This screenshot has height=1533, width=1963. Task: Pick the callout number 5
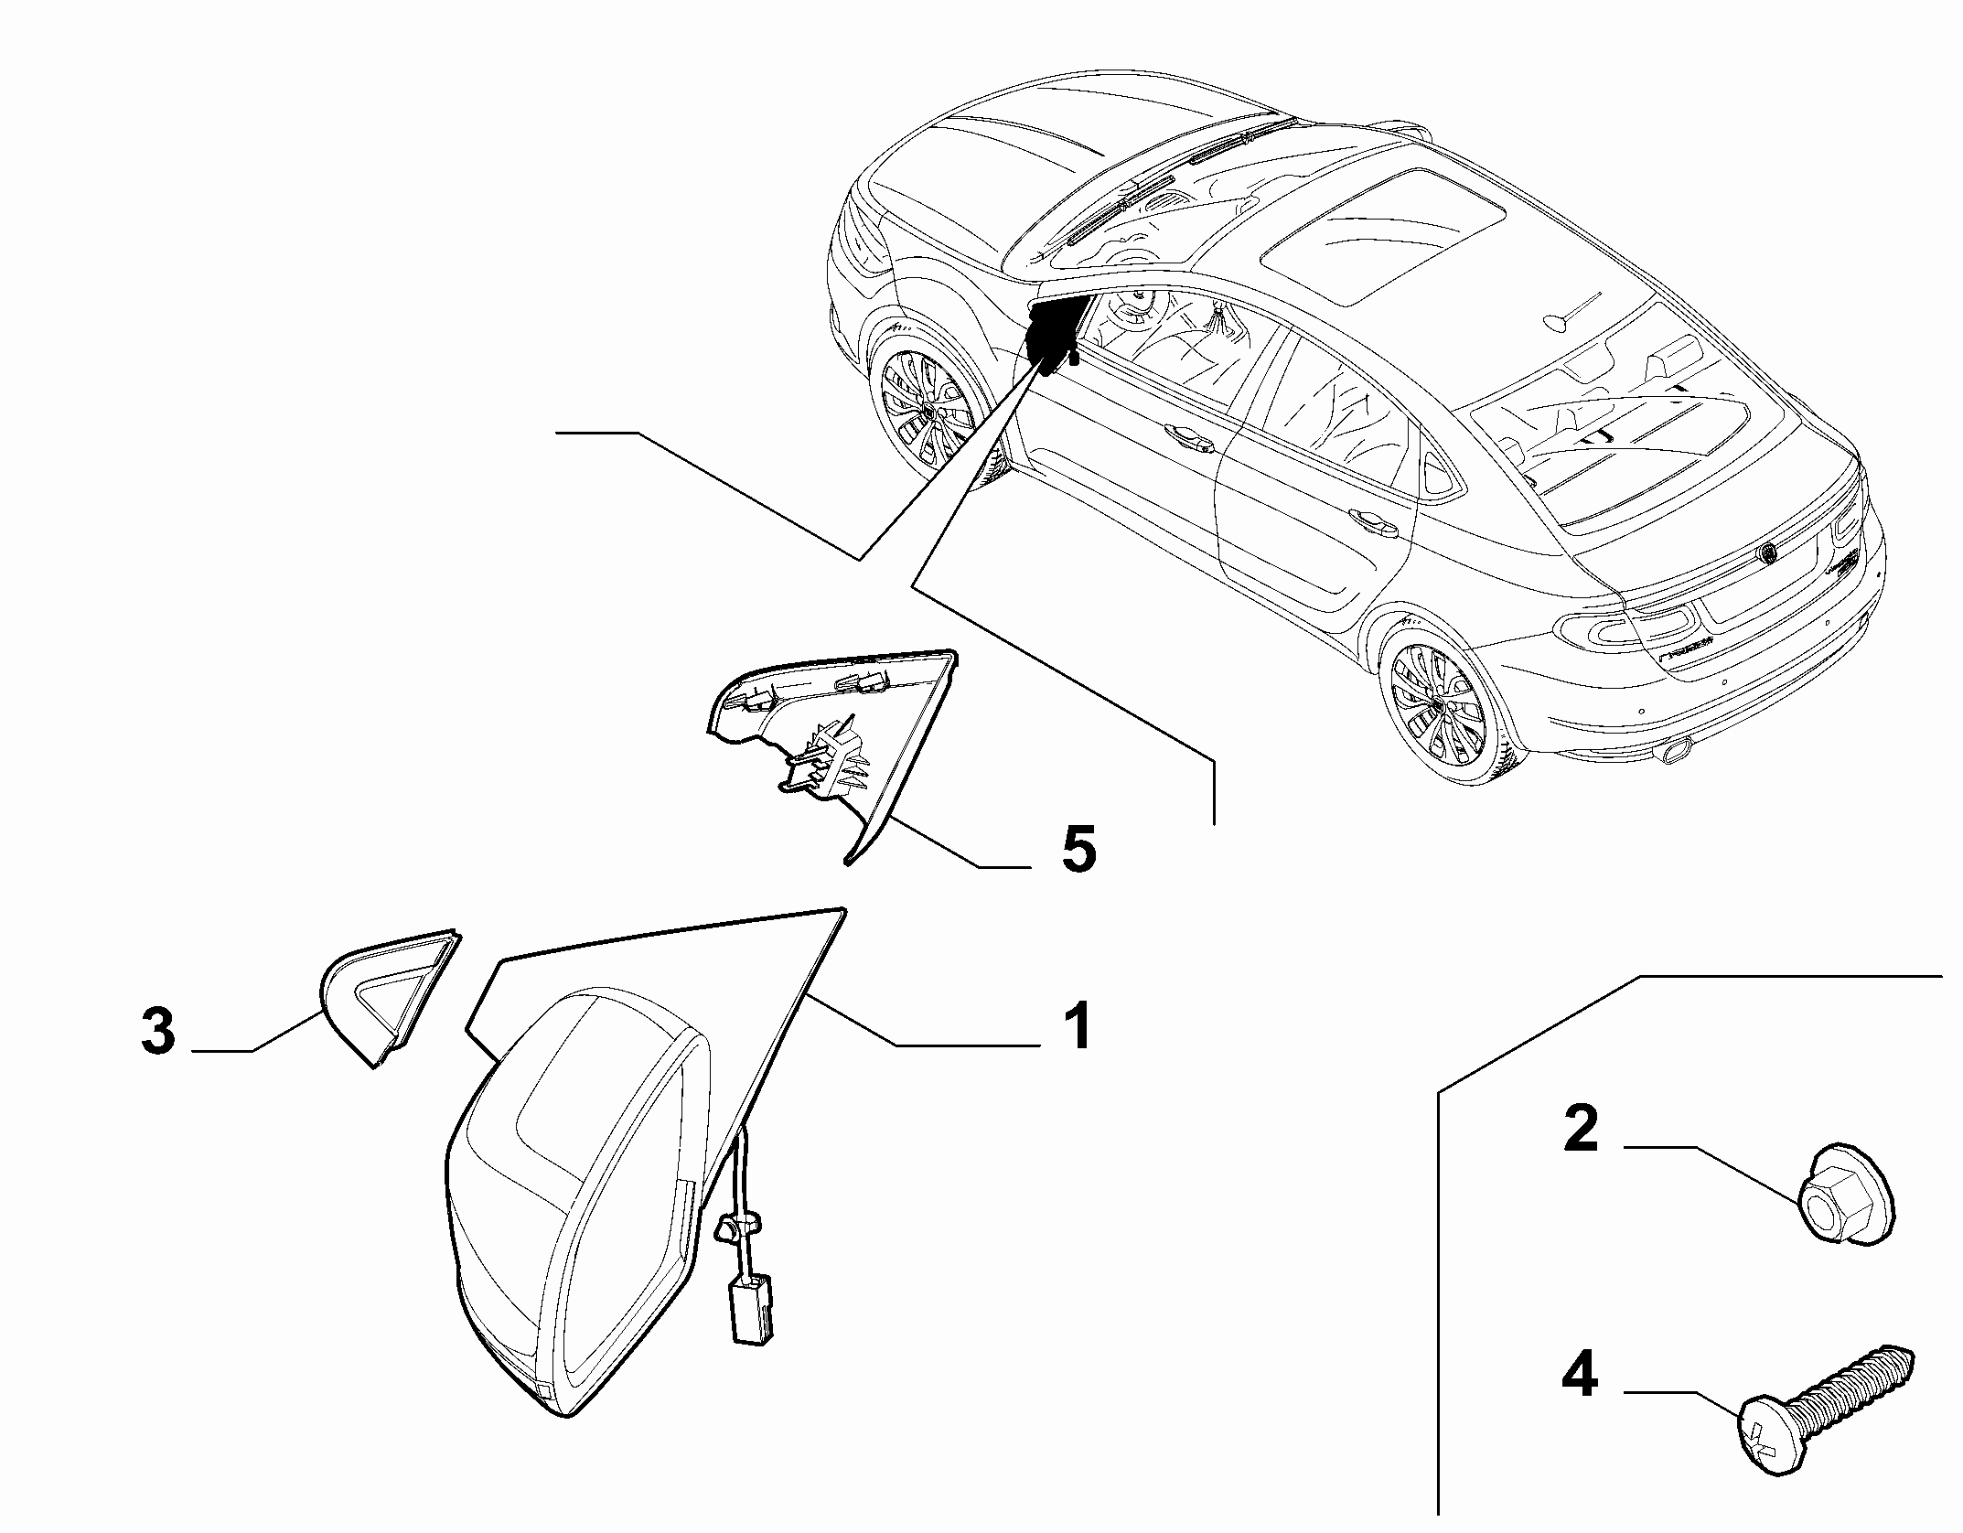tap(1078, 852)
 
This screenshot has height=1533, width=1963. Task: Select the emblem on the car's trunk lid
tap(1769, 553)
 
